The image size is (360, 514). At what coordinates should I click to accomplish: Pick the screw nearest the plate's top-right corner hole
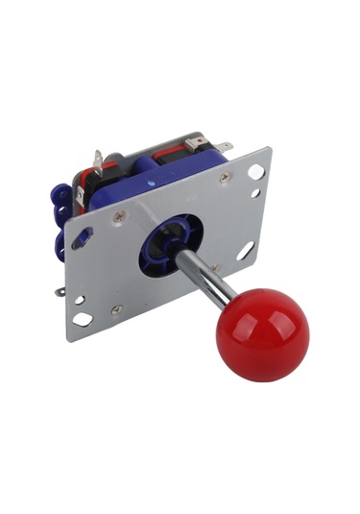point(224,179)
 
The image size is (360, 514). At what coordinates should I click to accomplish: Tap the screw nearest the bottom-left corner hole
point(116,309)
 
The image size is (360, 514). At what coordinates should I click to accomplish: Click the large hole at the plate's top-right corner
point(256,172)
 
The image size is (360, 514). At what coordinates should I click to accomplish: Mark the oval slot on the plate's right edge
point(245,252)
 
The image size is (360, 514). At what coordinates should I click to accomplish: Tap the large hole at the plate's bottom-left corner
point(84,319)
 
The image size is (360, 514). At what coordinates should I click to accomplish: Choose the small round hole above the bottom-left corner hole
point(79,300)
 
